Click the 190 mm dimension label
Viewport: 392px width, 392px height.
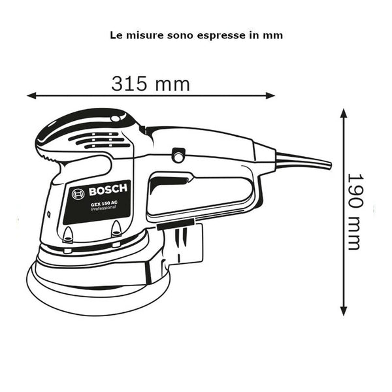point(355,212)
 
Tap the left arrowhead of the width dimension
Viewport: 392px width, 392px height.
point(31,95)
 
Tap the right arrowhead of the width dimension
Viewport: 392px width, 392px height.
point(270,95)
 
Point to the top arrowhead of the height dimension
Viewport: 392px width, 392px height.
point(344,113)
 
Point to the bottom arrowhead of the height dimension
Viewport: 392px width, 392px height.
point(344,311)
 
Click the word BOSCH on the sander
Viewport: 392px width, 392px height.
point(108,190)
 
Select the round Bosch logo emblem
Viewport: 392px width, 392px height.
point(78,194)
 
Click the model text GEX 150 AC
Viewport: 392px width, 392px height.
point(104,203)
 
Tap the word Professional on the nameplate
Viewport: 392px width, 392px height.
point(103,208)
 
